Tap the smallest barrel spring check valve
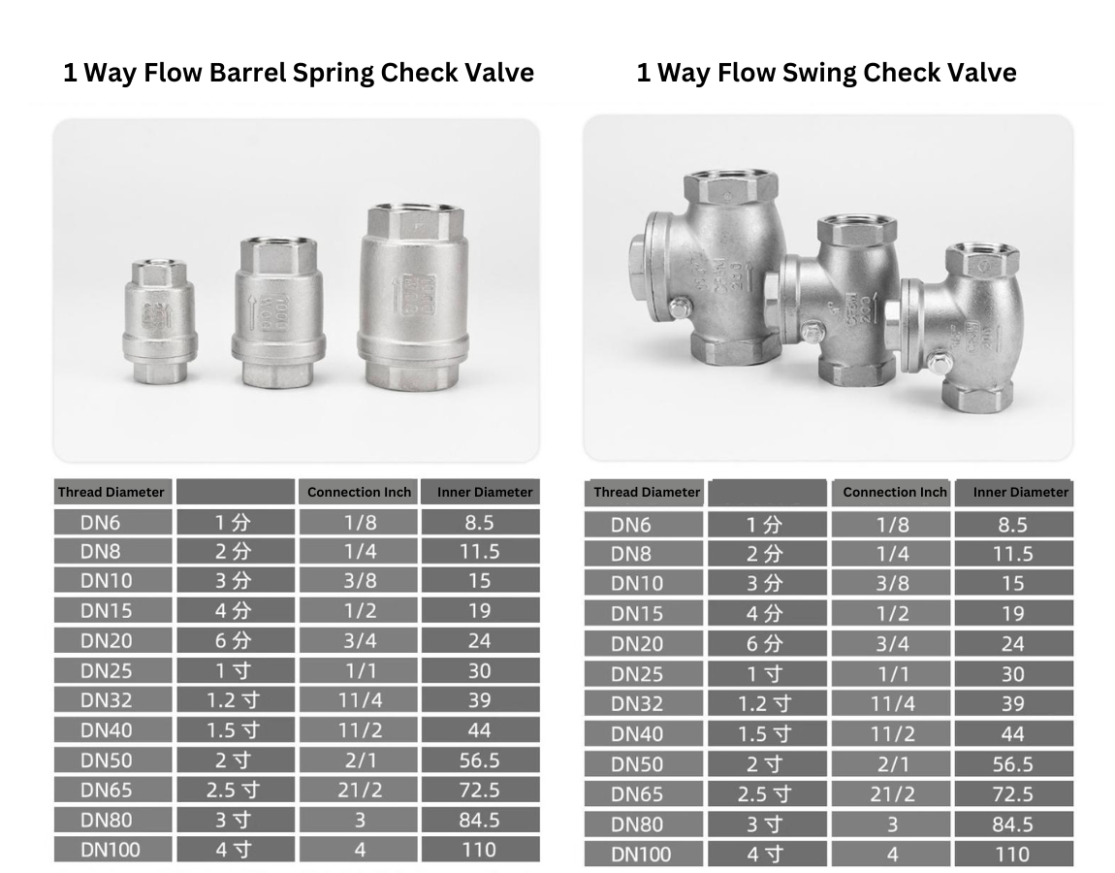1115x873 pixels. (160, 320)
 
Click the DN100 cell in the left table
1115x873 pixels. (111, 850)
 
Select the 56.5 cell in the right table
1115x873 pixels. (1012, 764)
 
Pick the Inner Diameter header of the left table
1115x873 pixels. (484, 492)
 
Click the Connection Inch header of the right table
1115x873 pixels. (894, 492)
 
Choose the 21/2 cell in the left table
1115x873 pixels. (360, 790)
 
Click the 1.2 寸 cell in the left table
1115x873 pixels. (234, 699)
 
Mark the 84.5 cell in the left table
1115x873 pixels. (479, 820)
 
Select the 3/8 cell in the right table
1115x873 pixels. (892, 584)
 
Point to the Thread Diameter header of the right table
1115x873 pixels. (646, 492)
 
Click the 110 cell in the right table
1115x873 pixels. (1012, 855)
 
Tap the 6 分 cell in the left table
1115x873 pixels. (234, 640)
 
